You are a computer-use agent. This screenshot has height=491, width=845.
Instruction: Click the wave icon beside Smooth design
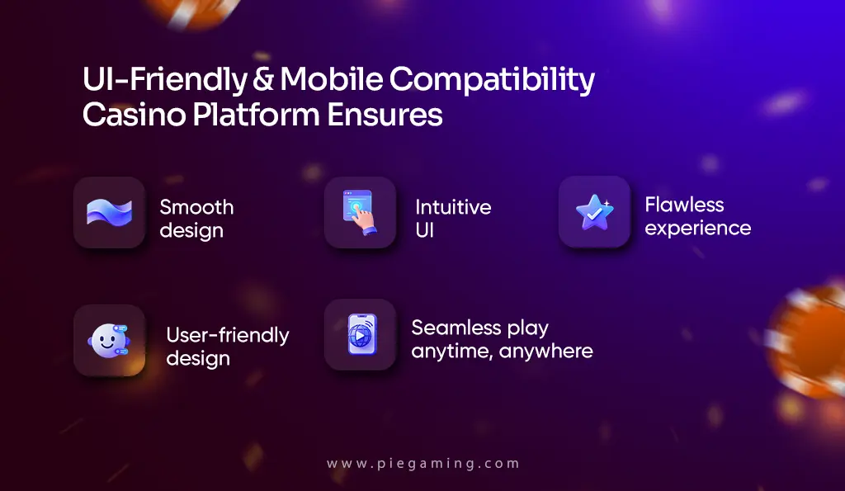pyautogui.click(x=110, y=213)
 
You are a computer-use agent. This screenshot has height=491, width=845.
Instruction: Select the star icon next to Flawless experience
pyautogui.click(x=594, y=212)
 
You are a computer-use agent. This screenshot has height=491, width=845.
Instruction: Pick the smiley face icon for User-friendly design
pyautogui.click(x=110, y=340)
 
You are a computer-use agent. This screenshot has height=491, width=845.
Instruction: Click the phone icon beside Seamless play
pyautogui.click(x=360, y=334)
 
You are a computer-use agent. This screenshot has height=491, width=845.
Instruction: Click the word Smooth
pyautogui.click(x=196, y=207)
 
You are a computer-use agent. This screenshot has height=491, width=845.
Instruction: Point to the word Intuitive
pyautogui.click(x=453, y=207)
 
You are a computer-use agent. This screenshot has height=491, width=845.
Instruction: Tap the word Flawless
pyautogui.click(x=684, y=205)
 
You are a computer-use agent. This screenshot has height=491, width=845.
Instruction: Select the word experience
pyautogui.click(x=698, y=228)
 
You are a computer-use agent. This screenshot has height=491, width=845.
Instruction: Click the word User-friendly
pyautogui.click(x=228, y=335)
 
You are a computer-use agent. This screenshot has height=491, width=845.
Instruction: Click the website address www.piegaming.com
pyautogui.click(x=423, y=464)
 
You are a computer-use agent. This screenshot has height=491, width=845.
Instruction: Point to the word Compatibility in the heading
pyautogui.click(x=492, y=81)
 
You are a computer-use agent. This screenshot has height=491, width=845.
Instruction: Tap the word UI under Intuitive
pyautogui.click(x=425, y=229)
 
